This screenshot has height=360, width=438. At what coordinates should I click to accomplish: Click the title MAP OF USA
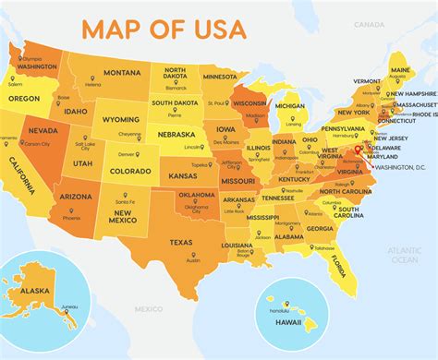point(164,28)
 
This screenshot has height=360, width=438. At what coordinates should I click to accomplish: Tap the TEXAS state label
point(180,242)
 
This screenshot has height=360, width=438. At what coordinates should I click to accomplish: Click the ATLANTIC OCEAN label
point(404,255)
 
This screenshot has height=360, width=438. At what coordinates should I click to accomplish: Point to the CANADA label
point(371,24)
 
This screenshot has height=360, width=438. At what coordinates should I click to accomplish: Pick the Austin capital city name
point(192,260)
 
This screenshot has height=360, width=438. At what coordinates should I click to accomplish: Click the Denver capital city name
point(124,153)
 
